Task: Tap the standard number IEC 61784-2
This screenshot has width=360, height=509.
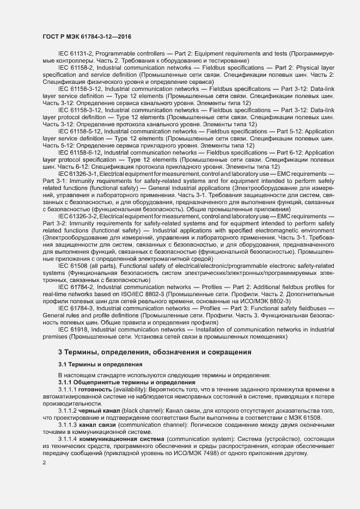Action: pos(76,287)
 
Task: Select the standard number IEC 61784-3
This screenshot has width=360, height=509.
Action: pos(76,308)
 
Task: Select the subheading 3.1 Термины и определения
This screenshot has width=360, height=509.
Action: pos(100,365)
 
